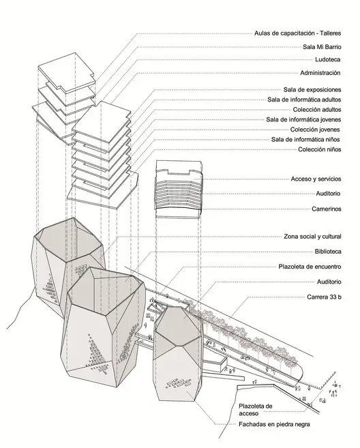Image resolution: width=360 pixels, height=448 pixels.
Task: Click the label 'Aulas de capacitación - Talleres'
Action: click(x=298, y=33)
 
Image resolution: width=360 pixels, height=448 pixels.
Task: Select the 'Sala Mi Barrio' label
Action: click(x=322, y=47)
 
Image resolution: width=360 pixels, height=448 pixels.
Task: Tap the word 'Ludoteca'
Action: click(x=328, y=59)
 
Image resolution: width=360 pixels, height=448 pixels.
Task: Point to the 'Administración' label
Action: click(x=320, y=73)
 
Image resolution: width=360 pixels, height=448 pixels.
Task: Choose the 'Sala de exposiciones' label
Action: click(x=312, y=90)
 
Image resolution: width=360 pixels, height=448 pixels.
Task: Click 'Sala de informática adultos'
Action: click(x=304, y=100)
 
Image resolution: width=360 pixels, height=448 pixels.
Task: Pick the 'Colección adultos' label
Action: click(x=317, y=109)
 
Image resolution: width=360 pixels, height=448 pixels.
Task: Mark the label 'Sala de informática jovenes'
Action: click(x=303, y=119)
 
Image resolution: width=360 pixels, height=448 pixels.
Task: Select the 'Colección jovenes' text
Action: click(x=315, y=130)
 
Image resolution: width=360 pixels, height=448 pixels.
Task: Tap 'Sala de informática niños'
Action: click(x=305, y=139)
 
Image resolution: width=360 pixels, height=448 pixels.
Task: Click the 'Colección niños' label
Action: click(x=320, y=149)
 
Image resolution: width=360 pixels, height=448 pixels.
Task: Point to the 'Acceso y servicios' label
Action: click(x=316, y=179)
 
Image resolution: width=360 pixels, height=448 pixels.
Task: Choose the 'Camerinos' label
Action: click(x=327, y=209)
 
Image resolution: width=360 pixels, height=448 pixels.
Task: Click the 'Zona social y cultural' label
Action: click(x=312, y=237)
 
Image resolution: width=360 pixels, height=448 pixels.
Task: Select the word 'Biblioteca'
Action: click(x=328, y=252)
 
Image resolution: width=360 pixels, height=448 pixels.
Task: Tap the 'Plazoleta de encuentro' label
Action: click(x=310, y=267)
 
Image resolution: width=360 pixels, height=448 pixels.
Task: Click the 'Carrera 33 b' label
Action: click(x=325, y=297)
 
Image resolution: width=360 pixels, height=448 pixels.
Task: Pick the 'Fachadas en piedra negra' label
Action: click(x=274, y=424)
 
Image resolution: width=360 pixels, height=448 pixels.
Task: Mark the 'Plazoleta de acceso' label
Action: click(x=256, y=410)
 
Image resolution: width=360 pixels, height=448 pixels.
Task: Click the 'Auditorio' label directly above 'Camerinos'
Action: click(x=328, y=194)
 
